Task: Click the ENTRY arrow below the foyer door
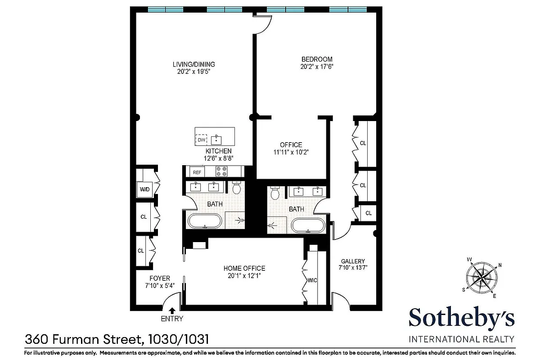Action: [172, 310]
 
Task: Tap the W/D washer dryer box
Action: [145, 189]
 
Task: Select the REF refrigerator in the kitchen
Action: [197, 172]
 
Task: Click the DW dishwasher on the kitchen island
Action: [201, 140]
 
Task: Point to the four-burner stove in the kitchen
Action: [222, 171]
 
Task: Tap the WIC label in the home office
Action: [312, 280]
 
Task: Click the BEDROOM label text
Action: [317, 59]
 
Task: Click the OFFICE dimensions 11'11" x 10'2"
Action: [291, 152]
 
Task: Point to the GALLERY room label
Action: [353, 261]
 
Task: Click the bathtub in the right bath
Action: [308, 225]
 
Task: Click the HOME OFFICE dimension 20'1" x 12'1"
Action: [244, 275]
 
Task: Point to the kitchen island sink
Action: [218, 137]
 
